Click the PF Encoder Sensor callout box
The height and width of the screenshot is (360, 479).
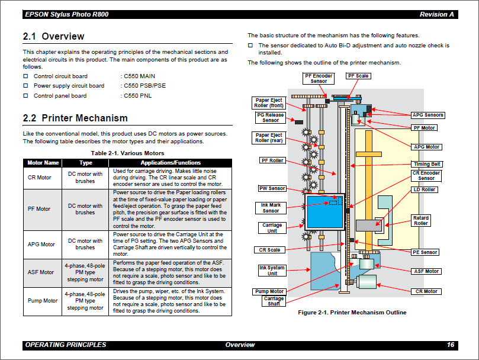319,79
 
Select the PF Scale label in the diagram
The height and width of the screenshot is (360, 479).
358,76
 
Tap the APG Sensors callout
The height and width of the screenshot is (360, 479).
427,115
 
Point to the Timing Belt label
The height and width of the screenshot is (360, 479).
427,164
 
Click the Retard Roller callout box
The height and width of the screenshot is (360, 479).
421,221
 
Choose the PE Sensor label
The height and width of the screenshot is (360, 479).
425,252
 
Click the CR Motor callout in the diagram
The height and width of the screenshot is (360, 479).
426,291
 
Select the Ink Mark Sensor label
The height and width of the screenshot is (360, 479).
271,208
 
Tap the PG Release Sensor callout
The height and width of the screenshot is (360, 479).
271,117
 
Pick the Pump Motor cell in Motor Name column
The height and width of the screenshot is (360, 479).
43,301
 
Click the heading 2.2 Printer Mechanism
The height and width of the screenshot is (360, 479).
75,118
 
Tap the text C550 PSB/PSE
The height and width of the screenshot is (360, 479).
144,86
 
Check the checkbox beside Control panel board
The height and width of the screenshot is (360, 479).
25,96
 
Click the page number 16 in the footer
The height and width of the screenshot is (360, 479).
451,345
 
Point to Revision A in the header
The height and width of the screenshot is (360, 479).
437,14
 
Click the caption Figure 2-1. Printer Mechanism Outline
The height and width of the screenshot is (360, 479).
352,313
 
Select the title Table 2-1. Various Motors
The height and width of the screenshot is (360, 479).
123,153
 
